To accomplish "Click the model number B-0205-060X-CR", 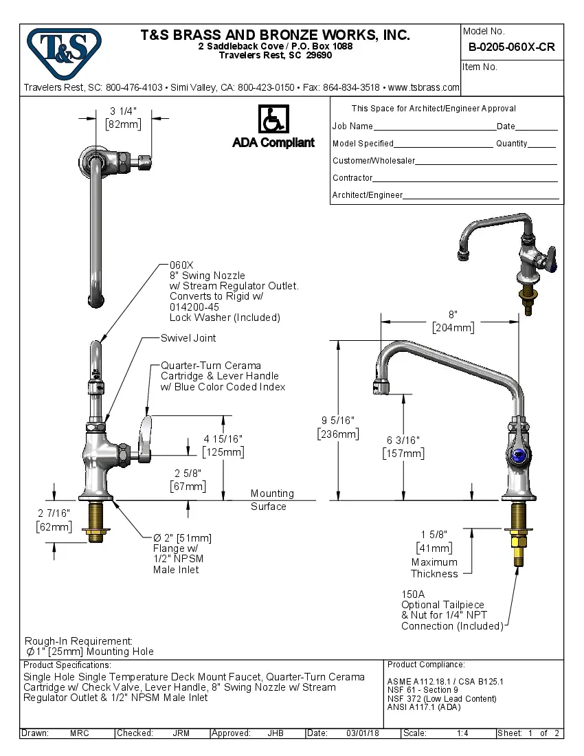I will (511, 47).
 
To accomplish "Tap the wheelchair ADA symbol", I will (273, 119).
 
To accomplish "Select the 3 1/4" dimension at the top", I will (124, 111).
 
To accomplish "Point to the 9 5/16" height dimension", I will (338, 420).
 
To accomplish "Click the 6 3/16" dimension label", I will (403, 440).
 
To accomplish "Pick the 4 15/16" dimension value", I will (223, 438).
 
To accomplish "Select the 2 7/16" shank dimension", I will (54, 513).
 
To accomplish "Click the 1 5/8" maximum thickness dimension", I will (434, 534).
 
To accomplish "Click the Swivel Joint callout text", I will (188, 338).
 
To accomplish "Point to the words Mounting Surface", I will (271, 500).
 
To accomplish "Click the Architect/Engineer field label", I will (367, 195).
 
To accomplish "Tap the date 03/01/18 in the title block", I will (363, 733).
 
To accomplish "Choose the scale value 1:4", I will (462, 733).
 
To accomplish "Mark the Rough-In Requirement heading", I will (78, 641).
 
